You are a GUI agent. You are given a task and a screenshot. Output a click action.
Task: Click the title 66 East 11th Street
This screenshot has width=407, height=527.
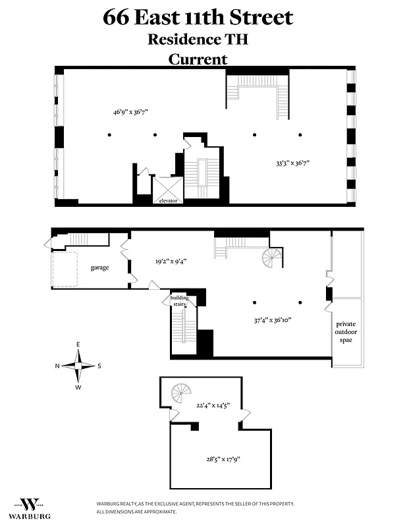coord(198,18)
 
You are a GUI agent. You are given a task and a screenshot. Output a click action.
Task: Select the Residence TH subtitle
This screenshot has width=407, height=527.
coord(198,39)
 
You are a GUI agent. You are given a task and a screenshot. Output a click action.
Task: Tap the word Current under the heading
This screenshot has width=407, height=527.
coord(198,59)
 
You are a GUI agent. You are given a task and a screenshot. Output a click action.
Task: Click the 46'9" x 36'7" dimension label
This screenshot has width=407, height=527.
coord(130,112)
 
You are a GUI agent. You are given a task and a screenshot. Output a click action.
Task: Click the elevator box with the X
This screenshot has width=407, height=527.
coord(167,190)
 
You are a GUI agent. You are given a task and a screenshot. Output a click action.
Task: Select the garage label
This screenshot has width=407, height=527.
coord(99,267)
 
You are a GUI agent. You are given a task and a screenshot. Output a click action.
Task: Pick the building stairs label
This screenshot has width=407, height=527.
coord(180,300)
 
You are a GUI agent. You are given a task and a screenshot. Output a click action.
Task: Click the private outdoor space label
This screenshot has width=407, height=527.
coord(346,332)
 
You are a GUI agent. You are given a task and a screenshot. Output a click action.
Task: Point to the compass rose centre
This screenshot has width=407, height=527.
coord(78,366)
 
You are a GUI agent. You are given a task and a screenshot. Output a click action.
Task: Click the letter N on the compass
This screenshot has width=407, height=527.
coord(57,366)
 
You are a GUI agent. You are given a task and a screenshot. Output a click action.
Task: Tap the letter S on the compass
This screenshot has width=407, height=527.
coord(99,366)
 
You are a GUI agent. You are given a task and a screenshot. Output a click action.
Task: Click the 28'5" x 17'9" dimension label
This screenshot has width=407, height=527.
coord(221,458)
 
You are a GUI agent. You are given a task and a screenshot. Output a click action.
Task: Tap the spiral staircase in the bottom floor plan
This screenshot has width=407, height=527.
coord(181,394)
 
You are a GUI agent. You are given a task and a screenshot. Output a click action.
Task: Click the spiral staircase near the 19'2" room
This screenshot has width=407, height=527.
coord(271,258)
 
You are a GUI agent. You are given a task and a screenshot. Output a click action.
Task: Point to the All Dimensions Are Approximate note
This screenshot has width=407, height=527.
coord(137,511)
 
